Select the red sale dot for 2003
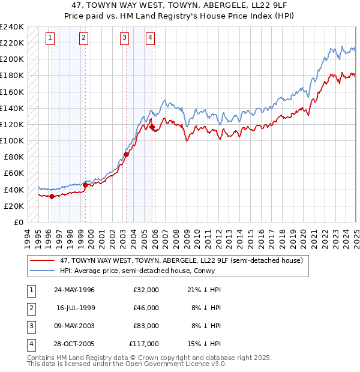click(126, 154)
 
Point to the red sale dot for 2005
click(152, 127)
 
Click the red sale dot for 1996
click(52, 196)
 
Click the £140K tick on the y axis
click(13, 108)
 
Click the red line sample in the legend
click(42, 260)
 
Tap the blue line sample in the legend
click(42, 271)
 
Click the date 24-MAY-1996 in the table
click(74, 290)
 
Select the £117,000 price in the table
click(144, 344)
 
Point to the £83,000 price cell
click(146, 326)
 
